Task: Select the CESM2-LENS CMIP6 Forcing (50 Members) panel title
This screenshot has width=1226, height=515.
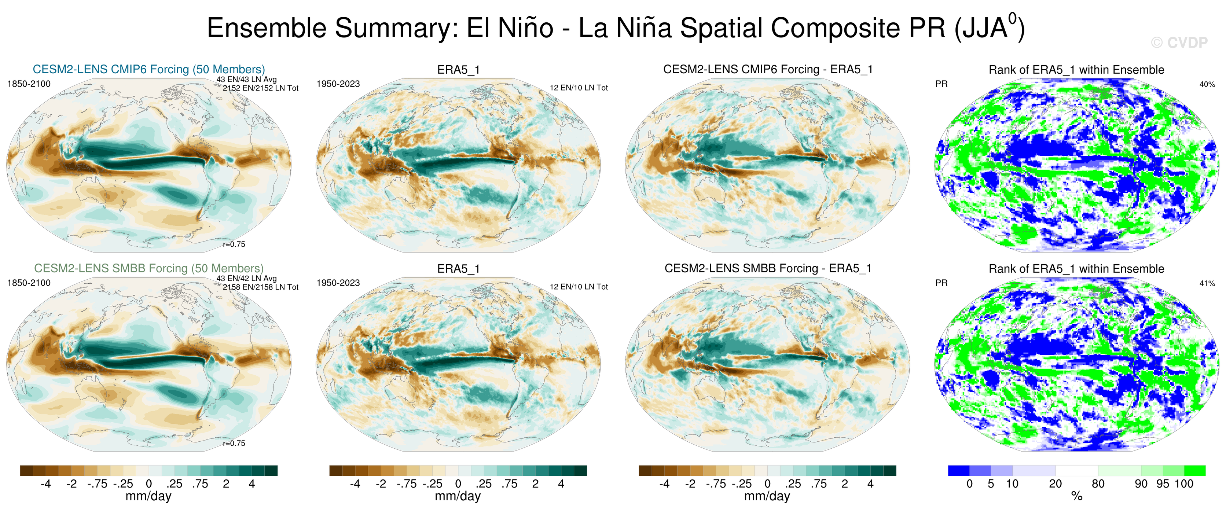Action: point(148,70)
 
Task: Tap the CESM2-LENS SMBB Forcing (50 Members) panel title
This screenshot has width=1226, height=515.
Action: point(148,268)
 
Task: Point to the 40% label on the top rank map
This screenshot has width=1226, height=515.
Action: point(1207,84)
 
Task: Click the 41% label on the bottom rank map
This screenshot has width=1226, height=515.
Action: point(1207,283)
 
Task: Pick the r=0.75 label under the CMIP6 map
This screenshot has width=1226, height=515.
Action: point(234,244)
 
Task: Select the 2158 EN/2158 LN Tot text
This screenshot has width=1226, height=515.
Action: point(260,287)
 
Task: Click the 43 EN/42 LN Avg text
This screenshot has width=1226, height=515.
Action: point(246,279)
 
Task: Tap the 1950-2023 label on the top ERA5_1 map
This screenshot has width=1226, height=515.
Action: point(338,84)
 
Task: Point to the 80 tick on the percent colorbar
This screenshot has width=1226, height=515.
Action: point(1098,484)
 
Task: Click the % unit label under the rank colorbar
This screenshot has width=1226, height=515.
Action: point(1076,496)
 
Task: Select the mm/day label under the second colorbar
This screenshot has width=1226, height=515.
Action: point(458,496)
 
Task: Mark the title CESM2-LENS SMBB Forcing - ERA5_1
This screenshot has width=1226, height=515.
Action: point(768,268)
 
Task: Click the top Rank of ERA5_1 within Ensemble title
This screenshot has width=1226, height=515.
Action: point(1076,70)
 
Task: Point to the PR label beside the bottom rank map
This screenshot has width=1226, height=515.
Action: point(941,283)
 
